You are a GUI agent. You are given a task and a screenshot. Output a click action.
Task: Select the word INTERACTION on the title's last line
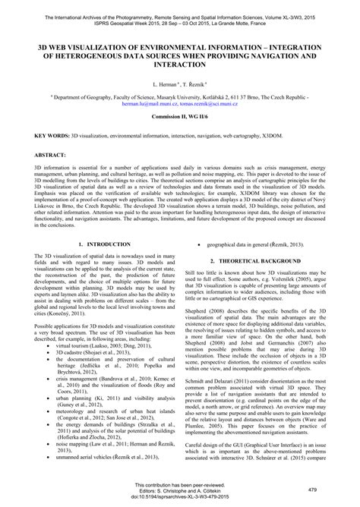(x=180, y=65)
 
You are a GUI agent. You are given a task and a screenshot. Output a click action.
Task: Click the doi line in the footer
(x=179, y=502)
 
